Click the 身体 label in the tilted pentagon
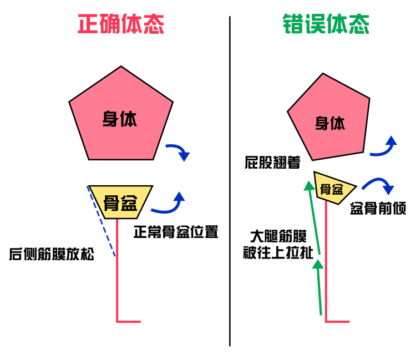[330, 123]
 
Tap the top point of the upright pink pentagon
[121, 68]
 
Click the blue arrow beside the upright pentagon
[179, 150]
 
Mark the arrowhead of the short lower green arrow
[318, 265]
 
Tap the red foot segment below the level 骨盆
[129, 321]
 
